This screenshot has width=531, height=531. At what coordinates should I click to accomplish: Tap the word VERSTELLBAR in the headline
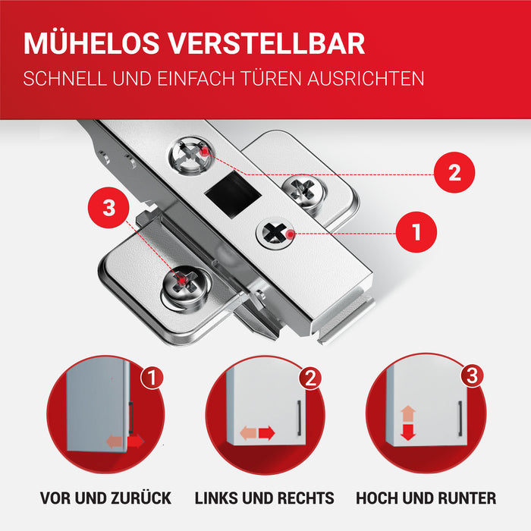click(x=266, y=43)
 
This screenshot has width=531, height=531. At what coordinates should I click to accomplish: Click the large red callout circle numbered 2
click(x=454, y=172)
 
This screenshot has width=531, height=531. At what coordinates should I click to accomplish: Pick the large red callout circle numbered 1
click(x=416, y=232)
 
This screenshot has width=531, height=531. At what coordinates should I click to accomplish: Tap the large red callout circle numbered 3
click(x=108, y=208)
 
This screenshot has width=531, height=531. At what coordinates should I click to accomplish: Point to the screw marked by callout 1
click(x=275, y=234)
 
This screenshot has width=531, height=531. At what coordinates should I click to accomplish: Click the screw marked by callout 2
click(x=192, y=156)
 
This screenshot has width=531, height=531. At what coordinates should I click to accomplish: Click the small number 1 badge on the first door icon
click(x=152, y=377)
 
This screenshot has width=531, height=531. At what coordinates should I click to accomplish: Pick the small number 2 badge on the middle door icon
click(x=310, y=378)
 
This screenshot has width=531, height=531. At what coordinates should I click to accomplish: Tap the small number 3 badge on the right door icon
click(x=472, y=375)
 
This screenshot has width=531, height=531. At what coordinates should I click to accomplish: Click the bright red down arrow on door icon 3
click(x=408, y=432)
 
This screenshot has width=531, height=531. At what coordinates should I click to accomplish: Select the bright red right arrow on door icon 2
click(x=267, y=433)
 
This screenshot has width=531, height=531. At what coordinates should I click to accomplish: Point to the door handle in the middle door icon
click(x=299, y=418)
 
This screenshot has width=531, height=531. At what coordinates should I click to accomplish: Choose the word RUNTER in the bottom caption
click(x=467, y=498)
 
